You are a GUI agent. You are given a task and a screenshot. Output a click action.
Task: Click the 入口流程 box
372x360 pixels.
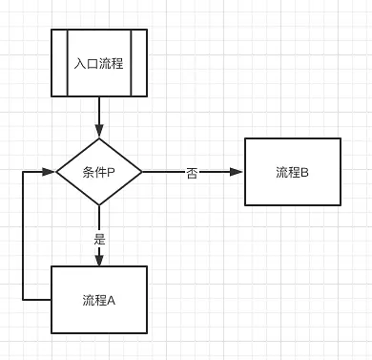point(99,63)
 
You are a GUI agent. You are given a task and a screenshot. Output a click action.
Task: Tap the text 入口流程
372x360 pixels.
point(99,64)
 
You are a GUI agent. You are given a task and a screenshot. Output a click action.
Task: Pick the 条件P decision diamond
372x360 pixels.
point(99,173)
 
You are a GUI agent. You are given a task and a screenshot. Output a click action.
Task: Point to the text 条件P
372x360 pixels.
point(99,173)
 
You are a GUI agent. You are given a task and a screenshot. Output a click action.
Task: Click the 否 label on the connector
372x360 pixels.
point(192,173)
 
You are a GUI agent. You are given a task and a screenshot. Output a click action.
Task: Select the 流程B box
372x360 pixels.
point(292,173)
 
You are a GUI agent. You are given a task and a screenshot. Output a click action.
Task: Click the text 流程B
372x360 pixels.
point(292,173)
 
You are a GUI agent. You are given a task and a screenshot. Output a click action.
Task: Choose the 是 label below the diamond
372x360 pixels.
point(99,238)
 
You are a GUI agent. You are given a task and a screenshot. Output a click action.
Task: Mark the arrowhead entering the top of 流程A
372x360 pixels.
point(99,260)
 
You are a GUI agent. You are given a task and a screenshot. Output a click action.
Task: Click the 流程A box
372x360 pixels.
point(99,300)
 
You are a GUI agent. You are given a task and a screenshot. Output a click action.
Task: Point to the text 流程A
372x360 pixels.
point(99,300)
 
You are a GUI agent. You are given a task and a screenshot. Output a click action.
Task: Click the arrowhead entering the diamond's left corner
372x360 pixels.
point(50,173)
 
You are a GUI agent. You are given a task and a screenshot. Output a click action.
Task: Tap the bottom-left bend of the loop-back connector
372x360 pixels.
point(22,300)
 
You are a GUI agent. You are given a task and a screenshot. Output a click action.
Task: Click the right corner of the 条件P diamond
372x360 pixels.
point(141,173)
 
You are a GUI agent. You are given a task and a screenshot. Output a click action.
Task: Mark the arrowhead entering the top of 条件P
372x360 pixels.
point(99,135)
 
